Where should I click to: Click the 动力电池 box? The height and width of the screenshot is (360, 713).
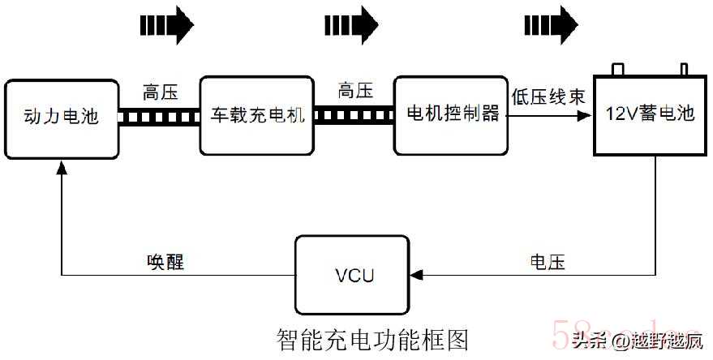tap(61, 116)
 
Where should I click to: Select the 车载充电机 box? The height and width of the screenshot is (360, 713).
tap(256, 115)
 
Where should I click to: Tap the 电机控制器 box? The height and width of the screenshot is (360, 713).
tap(451, 115)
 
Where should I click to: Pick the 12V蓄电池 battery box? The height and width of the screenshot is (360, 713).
tap(651, 114)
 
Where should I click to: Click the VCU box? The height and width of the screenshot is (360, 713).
tap(354, 275)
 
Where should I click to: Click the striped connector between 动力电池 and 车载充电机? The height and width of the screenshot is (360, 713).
tap(159, 116)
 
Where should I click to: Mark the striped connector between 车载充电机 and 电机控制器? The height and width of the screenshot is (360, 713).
tap(354, 116)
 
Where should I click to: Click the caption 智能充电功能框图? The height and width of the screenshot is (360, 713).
tap(372, 336)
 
